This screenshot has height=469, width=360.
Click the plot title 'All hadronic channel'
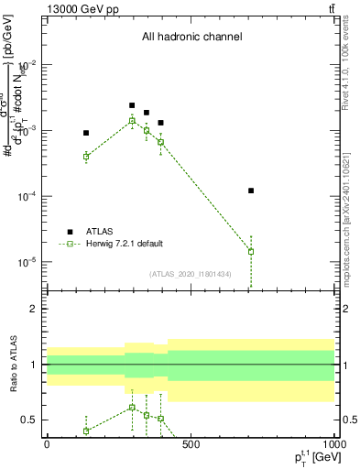(x=191, y=38)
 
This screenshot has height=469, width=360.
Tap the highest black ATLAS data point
(x=132, y=105)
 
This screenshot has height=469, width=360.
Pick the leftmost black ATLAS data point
(x=86, y=133)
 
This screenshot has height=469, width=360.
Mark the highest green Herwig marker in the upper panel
(x=132, y=121)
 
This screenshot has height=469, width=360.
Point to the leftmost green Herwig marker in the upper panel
(x=86, y=157)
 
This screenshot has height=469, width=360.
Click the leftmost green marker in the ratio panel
(x=86, y=431)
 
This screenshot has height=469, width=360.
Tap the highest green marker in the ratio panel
(x=132, y=408)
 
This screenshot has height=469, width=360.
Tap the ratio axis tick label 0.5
(x=30, y=420)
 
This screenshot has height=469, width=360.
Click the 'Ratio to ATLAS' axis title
(x=13, y=365)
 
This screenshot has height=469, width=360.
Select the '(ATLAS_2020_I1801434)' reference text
(x=191, y=274)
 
